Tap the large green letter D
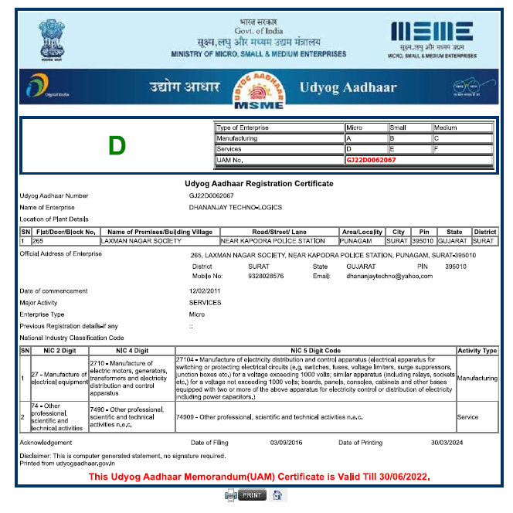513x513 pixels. [x=117, y=145]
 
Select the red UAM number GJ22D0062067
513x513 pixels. [x=372, y=160]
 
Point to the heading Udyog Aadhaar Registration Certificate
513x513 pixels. [x=259, y=184]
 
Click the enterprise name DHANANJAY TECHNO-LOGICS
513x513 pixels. [x=236, y=208]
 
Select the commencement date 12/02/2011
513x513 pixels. [x=205, y=290]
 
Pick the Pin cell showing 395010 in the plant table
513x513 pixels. [x=423, y=241]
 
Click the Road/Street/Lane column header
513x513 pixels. [x=279, y=232]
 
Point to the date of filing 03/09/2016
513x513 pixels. [x=287, y=443]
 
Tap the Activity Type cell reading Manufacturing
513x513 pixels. [x=477, y=379]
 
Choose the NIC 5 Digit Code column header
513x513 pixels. [x=315, y=351]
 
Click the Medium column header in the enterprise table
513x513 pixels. [x=462, y=127]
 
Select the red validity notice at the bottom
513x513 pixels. [x=259, y=477]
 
